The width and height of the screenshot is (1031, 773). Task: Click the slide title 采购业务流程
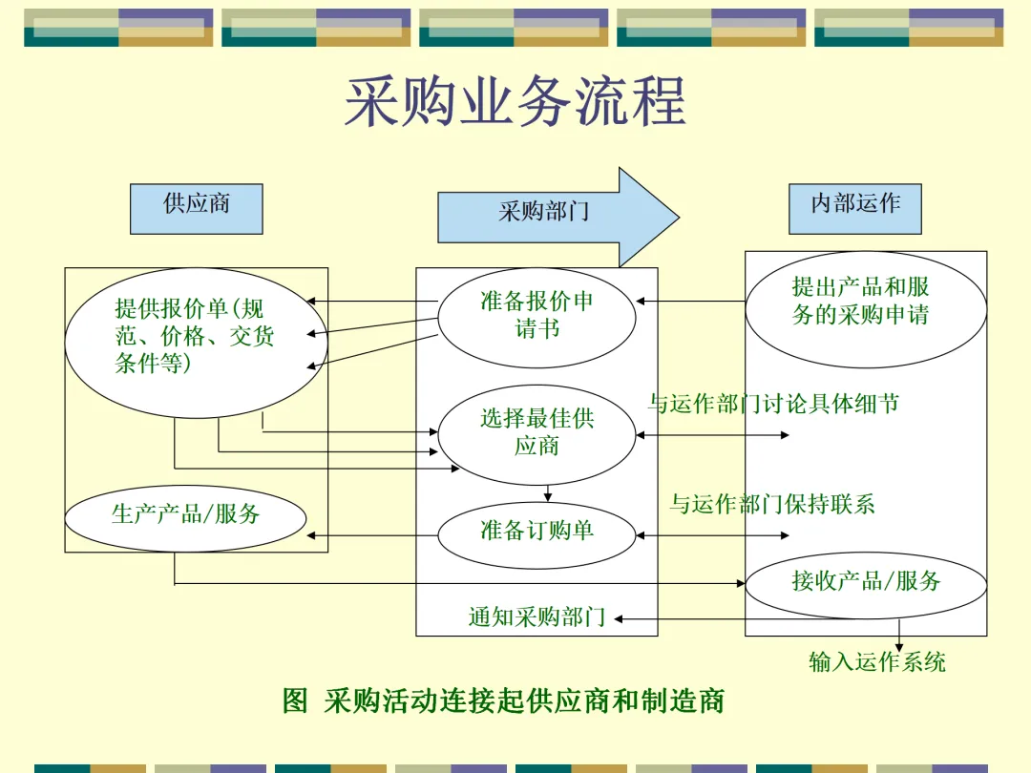point(515,103)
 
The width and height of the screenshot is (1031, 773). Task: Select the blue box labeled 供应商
point(196,208)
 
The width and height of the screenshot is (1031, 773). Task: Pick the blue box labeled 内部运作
point(854,208)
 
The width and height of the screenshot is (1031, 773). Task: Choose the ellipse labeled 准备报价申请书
point(537,317)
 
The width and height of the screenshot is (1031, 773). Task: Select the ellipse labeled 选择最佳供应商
point(537,434)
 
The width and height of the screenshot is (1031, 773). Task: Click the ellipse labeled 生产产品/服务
point(185,518)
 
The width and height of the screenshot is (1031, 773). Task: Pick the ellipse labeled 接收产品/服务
point(865,582)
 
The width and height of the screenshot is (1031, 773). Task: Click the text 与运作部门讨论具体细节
point(773,405)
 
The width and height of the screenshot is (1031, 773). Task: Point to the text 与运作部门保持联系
point(771,504)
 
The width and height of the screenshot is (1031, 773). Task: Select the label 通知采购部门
point(537,618)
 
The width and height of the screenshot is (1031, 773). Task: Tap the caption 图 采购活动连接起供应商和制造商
point(503,701)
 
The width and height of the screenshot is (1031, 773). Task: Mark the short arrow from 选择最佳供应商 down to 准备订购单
point(548,493)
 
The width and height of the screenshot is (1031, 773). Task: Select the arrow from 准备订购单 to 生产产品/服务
point(372,535)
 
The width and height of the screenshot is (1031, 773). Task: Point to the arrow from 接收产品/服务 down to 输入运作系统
point(898,636)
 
